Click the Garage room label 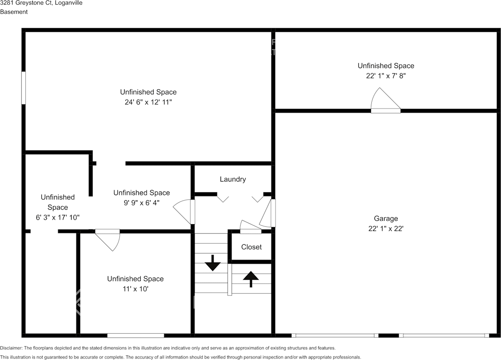(x=386, y=219)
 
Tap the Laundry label (x=232, y=179)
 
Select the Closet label (x=251, y=247)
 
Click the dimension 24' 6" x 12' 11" (x=148, y=102)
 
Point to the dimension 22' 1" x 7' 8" (x=386, y=76)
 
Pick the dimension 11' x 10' (x=135, y=289)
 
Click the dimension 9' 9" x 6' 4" (x=141, y=203)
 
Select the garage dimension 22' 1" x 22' (x=386, y=229)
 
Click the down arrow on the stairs (x=213, y=263)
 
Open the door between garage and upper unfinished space (x=385, y=103)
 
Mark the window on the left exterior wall (x=23, y=88)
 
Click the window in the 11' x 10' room (x=135, y=335)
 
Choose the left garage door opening (x=335, y=335)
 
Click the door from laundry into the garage (x=269, y=213)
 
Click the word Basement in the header (x=14, y=12)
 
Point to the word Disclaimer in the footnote (x=11, y=348)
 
